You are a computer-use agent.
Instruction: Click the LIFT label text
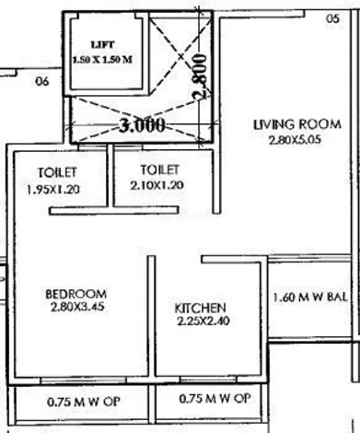103,45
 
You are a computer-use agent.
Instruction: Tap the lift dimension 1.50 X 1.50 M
102,59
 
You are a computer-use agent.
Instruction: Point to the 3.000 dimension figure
142,125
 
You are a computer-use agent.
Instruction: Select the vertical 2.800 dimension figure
200,76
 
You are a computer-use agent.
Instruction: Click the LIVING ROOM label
297,124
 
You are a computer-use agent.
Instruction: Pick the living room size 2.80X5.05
295,140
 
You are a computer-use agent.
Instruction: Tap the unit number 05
332,18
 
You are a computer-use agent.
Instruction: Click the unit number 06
42,81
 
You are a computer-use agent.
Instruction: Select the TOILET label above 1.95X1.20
57,172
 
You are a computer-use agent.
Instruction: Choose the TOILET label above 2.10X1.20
159,170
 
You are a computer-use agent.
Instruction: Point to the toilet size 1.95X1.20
53,190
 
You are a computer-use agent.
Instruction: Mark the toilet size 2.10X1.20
157,185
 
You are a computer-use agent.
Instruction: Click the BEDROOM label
76,294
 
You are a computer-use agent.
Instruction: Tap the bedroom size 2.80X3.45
77,307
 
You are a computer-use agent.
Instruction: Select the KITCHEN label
200,308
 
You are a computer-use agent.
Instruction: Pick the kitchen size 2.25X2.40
203,322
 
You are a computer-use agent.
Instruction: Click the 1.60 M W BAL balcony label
310,298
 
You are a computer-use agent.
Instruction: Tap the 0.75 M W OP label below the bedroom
83,402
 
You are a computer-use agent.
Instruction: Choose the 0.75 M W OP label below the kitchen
215,399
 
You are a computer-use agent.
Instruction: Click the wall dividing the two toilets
110,176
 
